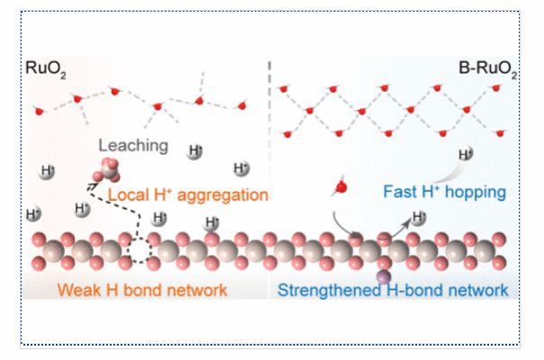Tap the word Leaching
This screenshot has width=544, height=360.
coord(133,144)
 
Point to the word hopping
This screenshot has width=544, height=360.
coord(476,192)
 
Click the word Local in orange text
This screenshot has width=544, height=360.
coord(126,193)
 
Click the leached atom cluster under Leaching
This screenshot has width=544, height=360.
coord(107,168)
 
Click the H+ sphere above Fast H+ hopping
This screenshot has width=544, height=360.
coord(465,154)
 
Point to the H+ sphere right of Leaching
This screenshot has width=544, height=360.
coord(195,150)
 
